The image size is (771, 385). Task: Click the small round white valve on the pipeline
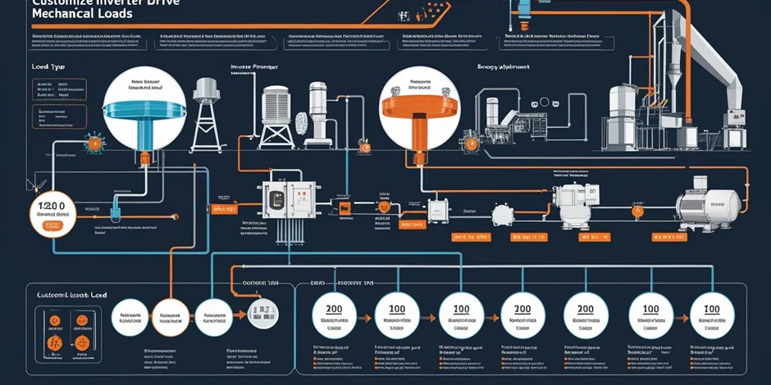[500, 215]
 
